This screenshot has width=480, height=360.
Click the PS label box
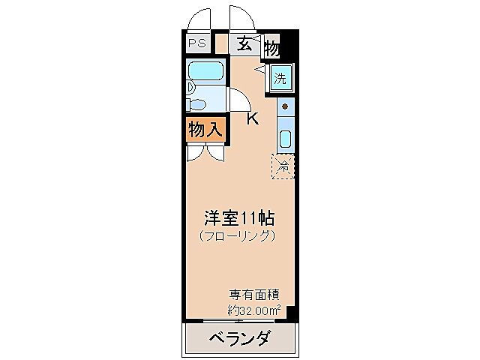pyautogui.click(x=197, y=43)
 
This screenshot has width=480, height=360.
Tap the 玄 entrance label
pyautogui.click(x=244, y=43)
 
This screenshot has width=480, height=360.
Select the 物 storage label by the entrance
pyautogui.click(x=271, y=49)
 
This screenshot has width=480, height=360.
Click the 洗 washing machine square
pyautogui.click(x=280, y=76)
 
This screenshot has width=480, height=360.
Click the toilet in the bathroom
pyautogui.click(x=199, y=103)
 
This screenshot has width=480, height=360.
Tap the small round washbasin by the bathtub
pyautogui.click(x=190, y=87)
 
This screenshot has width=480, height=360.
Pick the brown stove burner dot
pyautogui.click(x=285, y=106)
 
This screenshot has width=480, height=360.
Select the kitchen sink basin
pyautogui.click(x=285, y=139)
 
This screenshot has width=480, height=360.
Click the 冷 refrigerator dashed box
pyautogui.click(x=283, y=166)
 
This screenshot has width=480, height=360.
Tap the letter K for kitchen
pyautogui.click(x=253, y=118)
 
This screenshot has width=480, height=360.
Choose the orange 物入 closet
pyautogui.click(x=204, y=130)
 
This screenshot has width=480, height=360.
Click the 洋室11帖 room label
pyautogui.click(x=239, y=219)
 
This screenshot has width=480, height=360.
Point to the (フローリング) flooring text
pyautogui.click(x=238, y=235)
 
